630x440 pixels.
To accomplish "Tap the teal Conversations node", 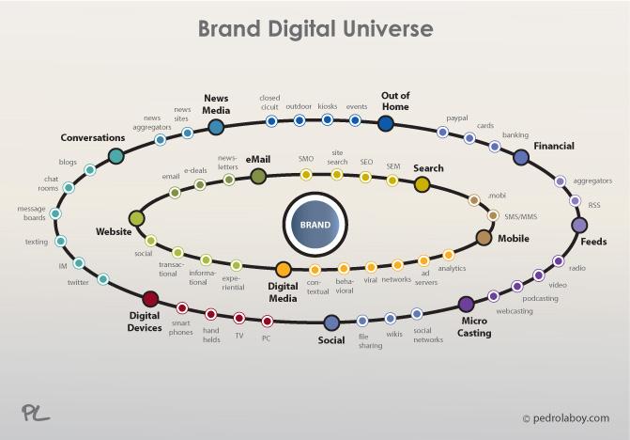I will (115, 156).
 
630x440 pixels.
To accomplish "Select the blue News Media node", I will (216, 127).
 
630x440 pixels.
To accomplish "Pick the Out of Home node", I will (385, 123).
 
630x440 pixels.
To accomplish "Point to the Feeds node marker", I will (579, 225).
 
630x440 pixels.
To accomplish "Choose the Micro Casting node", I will (466, 304).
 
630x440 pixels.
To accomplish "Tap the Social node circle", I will (331, 323).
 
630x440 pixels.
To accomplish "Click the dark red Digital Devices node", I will (150, 299).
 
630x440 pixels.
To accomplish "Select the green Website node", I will (137, 218).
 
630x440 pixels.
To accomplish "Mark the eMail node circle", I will (258, 176).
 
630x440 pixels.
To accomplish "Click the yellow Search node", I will (422, 184).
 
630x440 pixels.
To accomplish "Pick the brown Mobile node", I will (484, 237).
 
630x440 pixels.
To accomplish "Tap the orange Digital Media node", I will (284, 270).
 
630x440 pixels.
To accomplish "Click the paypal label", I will (457, 118).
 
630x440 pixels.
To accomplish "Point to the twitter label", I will (78, 282).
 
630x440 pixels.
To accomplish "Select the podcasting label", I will (540, 298).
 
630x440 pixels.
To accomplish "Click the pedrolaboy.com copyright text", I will (565, 417).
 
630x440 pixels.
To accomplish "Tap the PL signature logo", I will (35, 412).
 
